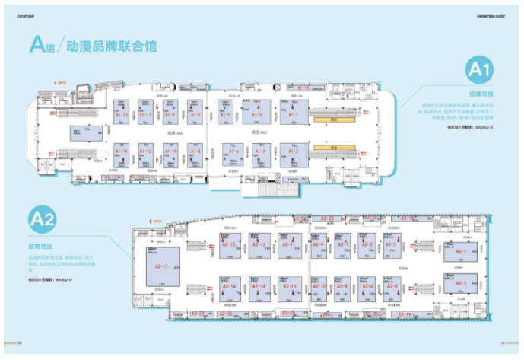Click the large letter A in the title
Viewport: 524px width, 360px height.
coord(37,43)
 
